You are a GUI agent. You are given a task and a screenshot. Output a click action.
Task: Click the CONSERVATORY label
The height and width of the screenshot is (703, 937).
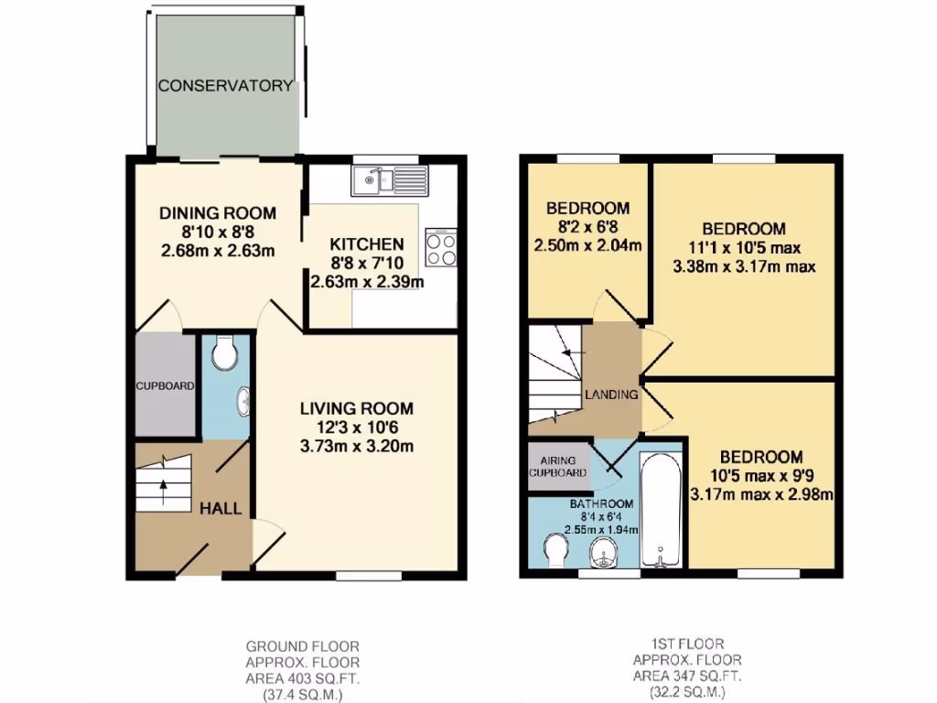pos(225,86)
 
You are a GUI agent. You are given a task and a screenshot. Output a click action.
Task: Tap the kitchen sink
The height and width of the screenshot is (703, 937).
pos(389,180)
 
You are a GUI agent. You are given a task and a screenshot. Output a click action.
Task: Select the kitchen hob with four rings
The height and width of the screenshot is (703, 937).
pos(441,247)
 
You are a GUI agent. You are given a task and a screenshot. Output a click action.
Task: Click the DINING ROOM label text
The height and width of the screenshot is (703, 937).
pos(218,212)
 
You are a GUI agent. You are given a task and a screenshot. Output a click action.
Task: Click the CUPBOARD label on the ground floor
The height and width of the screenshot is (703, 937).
pos(165,386)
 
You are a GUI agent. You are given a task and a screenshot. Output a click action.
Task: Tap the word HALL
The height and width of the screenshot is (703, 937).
pos(221,508)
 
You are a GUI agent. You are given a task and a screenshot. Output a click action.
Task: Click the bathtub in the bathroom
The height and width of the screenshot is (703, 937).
pos(661,508)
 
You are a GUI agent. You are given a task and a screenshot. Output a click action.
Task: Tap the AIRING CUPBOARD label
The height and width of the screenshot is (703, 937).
pos(557,467)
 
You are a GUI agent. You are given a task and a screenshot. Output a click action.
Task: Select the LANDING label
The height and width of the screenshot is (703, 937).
pos(611,395)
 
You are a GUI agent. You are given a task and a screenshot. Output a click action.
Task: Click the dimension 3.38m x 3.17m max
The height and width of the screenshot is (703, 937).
pos(743,267)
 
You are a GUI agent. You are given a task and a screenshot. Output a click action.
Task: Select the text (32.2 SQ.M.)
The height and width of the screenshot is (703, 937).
pos(687,692)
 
